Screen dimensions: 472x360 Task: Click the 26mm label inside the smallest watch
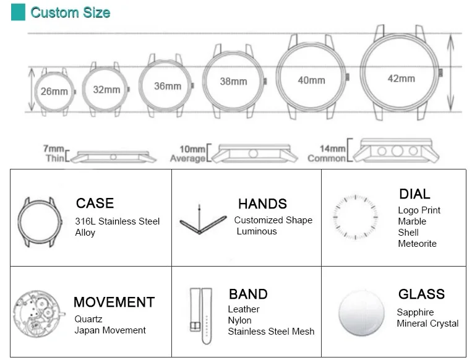pyautogui.click(x=54, y=91)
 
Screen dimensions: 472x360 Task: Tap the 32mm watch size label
pyautogui.click(x=106, y=90)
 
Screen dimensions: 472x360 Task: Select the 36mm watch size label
pyautogui.click(x=168, y=86)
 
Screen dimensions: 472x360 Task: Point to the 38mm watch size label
pyautogui.click(x=233, y=81)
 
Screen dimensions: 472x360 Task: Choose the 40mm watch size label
pyautogui.click(x=312, y=80)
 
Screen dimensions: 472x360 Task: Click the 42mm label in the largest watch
pyautogui.click(x=401, y=79)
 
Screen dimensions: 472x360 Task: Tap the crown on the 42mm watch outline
pyautogui.click(x=440, y=72)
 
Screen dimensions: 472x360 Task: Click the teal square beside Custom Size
pyautogui.click(x=18, y=12)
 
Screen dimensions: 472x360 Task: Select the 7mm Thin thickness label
pyautogui.click(x=54, y=153)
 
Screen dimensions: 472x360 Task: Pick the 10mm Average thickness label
pyautogui.click(x=188, y=154)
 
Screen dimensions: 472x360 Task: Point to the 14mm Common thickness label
pyautogui.click(x=327, y=153)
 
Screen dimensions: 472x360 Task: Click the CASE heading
pyautogui.click(x=95, y=203)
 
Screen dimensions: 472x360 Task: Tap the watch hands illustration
pyautogui.click(x=202, y=220)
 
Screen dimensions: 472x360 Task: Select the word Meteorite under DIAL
pyautogui.click(x=417, y=244)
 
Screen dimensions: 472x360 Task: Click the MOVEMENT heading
pyautogui.click(x=114, y=302)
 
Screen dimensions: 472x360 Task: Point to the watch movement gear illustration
pyautogui.click(x=38, y=314)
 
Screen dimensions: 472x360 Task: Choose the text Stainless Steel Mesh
pyautogui.click(x=271, y=332)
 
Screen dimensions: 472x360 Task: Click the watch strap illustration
pyautogui.click(x=201, y=316)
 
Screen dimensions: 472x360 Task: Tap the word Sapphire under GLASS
pyautogui.click(x=415, y=312)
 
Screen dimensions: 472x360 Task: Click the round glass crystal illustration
pyautogui.click(x=361, y=313)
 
